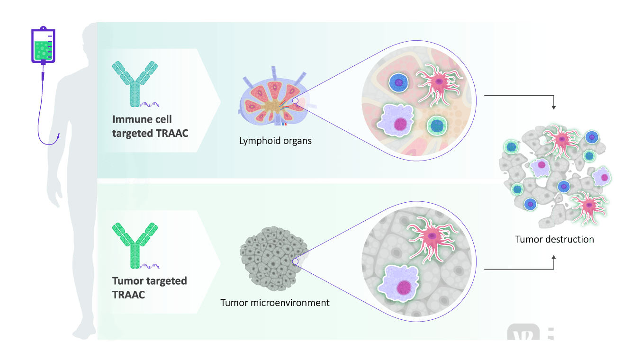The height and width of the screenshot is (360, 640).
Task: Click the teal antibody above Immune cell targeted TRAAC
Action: point(135,83)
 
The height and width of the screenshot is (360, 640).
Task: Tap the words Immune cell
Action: point(142,119)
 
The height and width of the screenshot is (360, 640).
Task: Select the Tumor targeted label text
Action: point(150,281)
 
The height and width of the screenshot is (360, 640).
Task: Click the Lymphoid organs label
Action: point(275,141)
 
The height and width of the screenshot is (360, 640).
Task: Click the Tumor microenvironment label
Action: point(275,302)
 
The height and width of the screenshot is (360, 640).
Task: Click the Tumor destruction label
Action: point(554,239)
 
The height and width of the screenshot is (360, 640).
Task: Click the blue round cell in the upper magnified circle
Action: point(399,83)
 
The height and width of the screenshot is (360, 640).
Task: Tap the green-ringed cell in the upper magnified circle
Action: point(437,125)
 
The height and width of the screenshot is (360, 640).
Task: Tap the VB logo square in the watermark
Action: point(523,339)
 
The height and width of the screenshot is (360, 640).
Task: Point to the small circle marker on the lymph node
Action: point(295,100)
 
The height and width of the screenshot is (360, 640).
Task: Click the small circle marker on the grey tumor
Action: point(295,261)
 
